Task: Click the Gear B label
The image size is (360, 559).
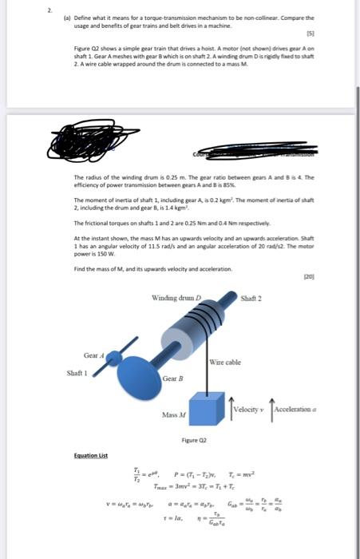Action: pos(173,378)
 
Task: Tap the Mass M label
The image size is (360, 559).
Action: pos(174,416)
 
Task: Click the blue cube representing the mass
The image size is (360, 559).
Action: pos(208,406)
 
